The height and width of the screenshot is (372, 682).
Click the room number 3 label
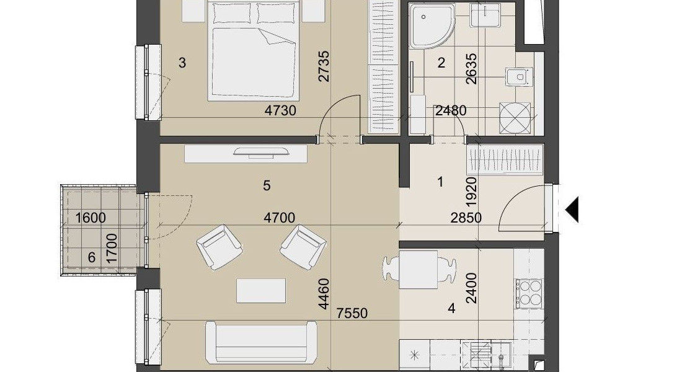point(182,63)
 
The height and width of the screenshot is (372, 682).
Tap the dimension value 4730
point(280,110)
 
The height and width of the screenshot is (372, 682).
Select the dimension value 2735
point(324,66)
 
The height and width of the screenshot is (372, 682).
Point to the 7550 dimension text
point(352,313)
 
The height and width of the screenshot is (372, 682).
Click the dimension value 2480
point(451,110)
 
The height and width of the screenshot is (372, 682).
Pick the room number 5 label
point(267,186)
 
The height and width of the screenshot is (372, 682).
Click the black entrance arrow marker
point(572,210)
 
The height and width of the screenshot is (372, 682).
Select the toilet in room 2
point(518,77)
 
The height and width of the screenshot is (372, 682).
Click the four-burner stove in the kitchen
point(529,293)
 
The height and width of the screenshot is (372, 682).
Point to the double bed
point(254,51)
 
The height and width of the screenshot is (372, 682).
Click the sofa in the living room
point(261,342)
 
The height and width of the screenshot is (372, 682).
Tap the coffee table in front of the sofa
point(261,291)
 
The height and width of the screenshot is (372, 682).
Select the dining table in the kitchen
point(418,270)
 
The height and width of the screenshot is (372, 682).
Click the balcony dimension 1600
point(91,218)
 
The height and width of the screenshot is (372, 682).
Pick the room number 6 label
point(91,257)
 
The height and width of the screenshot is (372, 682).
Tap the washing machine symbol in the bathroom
point(515,118)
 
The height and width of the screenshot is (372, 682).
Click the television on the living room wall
point(262,151)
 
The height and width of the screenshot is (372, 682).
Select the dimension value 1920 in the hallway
point(471,192)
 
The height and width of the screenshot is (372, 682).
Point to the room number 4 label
point(451,309)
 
